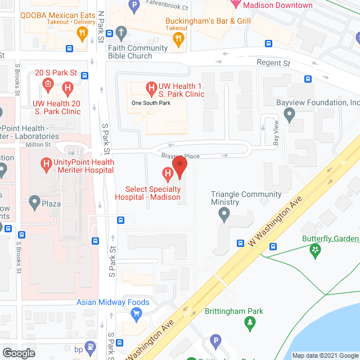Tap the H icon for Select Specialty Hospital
[x=167, y=173]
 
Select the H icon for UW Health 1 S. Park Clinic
[x=151, y=88]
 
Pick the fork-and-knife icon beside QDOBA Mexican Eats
[x=83, y=34]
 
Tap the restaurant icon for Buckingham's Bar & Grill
[x=179, y=38]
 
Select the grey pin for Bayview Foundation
[x=290, y=116]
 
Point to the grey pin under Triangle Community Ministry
[x=224, y=214]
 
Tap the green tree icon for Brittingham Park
[x=250, y=323]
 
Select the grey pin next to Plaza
[x=34, y=202]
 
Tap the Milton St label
[x=38, y=145]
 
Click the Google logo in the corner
[x=18, y=353]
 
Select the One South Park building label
[x=150, y=103]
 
